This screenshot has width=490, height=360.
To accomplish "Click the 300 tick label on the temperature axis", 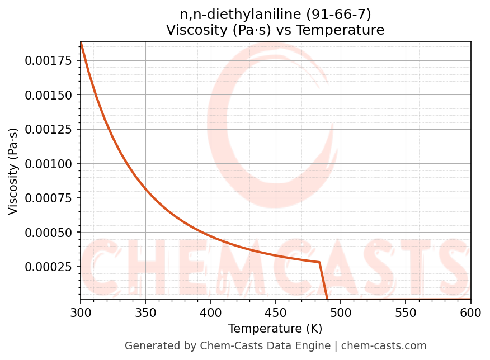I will tap(81, 313).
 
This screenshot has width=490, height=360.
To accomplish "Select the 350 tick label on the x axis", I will tap(145, 313).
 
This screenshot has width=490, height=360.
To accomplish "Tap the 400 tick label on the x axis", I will tap(211, 313).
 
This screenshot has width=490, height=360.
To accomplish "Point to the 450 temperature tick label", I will tap(276, 313).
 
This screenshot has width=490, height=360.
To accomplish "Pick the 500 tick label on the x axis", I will tap(341, 313).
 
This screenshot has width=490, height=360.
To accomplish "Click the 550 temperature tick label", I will tap(406, 313).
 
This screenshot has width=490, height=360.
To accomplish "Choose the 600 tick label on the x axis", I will tap(470, 313).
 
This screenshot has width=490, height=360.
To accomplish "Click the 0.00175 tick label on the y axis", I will tap(49, 61).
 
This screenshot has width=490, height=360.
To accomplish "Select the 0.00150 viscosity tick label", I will tap(49, 95).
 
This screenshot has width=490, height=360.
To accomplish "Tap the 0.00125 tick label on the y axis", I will tap(49, 130).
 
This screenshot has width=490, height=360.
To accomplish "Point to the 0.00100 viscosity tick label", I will tap(49, 164).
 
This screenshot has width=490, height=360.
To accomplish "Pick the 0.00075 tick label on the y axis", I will tap(49, 198).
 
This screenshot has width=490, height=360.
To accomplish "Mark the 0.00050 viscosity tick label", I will tap(49, 233).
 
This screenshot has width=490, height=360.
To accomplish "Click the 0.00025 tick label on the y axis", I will tap(49, 267).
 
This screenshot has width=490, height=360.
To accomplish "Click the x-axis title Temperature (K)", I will tap(275, 329).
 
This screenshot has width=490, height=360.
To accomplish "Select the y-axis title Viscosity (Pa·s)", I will tap(13, 171).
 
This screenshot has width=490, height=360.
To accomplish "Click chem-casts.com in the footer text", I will tap(384, 346).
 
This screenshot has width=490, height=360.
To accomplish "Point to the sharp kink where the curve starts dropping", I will tap(319, 262).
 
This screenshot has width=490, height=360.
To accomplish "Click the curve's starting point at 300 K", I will tap(81, 43).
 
